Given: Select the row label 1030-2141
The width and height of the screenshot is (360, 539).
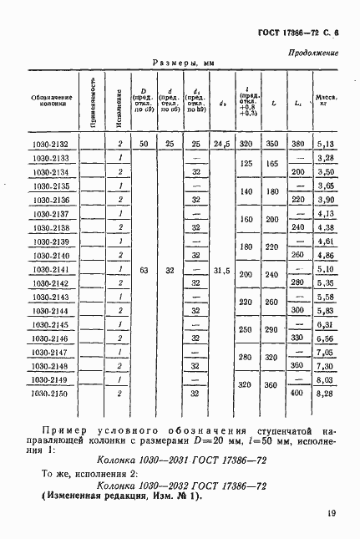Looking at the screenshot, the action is pos(51,270).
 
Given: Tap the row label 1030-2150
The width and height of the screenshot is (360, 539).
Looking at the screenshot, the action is pos(51,392).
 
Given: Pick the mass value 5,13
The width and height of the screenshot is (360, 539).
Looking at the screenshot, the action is pos(326,145).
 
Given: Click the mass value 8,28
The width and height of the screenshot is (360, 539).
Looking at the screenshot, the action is pos(326,392).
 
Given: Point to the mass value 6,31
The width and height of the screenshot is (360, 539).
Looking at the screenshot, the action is pos(326,324).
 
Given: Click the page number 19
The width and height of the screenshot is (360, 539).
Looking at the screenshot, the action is pos(332,514).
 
